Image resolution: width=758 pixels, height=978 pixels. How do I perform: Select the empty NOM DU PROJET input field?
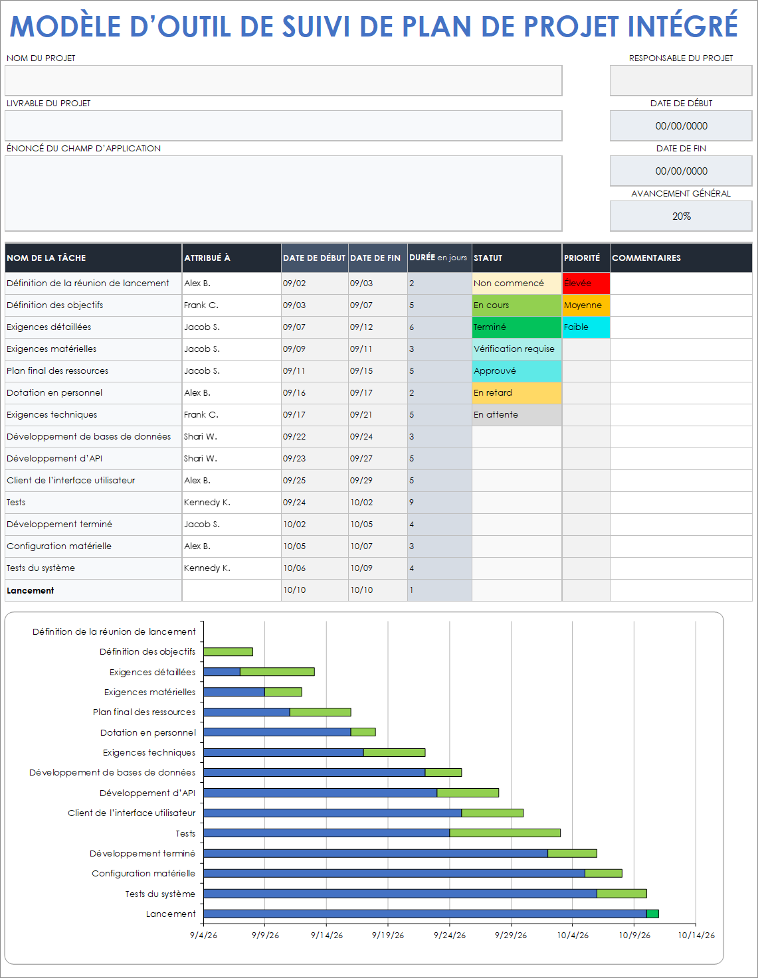click(x=283, y=80)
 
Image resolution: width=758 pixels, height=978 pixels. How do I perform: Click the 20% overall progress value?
click(x=681, y=216)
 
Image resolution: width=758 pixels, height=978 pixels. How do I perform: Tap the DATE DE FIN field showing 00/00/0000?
click(x=681, y=171)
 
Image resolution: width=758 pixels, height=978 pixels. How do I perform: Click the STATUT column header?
click(x=488, y=258)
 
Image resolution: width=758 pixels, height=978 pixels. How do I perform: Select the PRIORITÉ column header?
click(x=582, y=258)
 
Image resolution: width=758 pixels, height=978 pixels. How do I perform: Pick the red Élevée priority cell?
click(x=585, y=284)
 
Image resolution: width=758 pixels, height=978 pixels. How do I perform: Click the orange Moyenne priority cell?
click(x=585, y=305)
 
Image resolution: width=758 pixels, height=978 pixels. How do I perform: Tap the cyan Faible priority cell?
click(x=585, y=327)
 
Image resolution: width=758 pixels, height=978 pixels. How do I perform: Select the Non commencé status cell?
click(x=516, y=284)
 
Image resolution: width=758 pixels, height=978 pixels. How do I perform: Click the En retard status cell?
click(x=516, y=393)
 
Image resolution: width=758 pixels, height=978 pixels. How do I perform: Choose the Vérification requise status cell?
click(x=516, y=349)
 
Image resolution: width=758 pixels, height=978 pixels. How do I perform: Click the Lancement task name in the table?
click(x=31, y=591)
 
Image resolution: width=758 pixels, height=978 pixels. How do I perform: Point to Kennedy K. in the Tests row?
click(x=207, y=503)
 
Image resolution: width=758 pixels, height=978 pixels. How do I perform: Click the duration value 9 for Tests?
click(x=412, y=503)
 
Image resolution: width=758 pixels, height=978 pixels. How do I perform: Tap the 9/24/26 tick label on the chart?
click(x=450, y=936)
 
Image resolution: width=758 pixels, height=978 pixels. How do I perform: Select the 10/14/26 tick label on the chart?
click(x=696, y=936)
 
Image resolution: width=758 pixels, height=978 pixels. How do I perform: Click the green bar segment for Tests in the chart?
click(x=505, y=833)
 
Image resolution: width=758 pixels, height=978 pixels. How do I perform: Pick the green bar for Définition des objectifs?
click(x=228, y=652)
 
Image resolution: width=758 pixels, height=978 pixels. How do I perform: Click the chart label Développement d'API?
click(x=147, y=793)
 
